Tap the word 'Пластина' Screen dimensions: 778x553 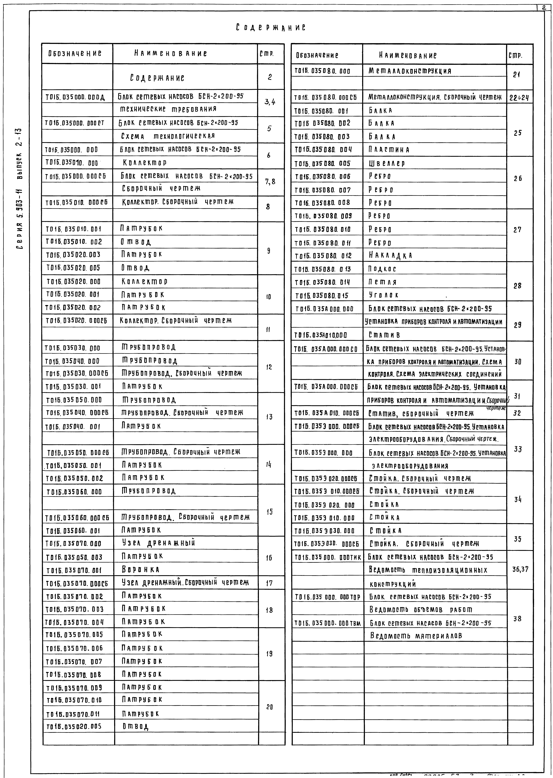[389, 150]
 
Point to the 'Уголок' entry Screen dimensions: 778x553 [383, 295]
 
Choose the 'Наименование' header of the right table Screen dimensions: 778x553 [408, 55]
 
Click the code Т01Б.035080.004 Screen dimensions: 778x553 [323, 150]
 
